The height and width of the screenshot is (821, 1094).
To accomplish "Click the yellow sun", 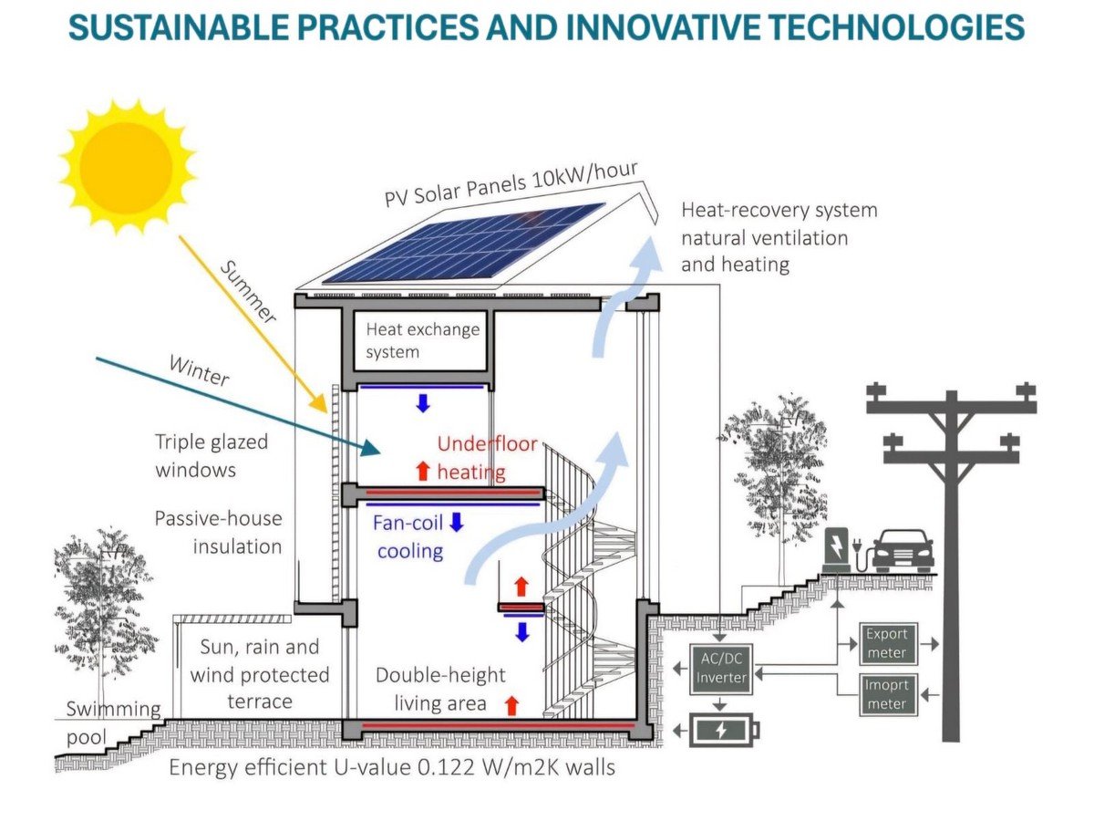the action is point(127,167).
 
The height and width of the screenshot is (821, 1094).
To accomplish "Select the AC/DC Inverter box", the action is point(721,669).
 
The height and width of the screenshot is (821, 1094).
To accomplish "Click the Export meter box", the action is point(888,643).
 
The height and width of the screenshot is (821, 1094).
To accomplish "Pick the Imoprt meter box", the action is point(888,695).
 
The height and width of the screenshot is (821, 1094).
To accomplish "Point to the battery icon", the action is point(724,731).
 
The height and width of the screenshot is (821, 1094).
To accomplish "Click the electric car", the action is point(903,550).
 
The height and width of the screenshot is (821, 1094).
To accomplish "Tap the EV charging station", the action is point(835,549).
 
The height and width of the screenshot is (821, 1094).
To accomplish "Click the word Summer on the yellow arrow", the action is point(247,292).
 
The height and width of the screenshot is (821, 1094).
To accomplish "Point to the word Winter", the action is point(200,370).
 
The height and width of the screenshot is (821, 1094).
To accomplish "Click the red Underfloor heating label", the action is point(486,458).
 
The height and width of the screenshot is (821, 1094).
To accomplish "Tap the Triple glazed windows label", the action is point(212,455).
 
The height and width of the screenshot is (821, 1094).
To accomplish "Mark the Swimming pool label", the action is point(113,722).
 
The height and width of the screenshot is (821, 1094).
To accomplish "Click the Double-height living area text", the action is point(440,689).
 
